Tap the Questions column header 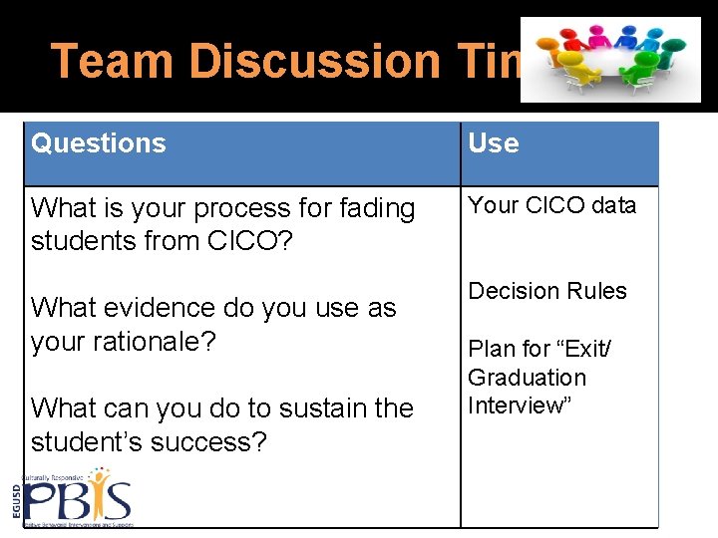pos(99,143)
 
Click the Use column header pos(494,143)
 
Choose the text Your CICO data pos(551,205)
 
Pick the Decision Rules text pos(547,291)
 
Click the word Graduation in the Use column pos(527,378)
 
